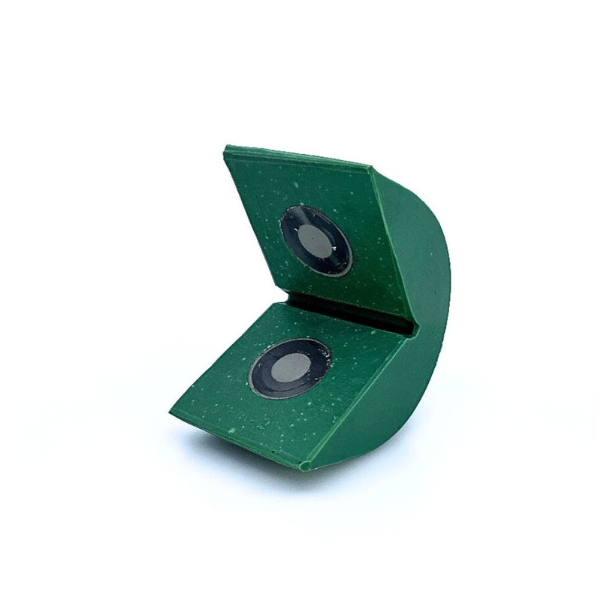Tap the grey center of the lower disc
point(289,368)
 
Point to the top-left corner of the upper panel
point(226,148)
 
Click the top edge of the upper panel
point(300,157)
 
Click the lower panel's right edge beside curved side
point(361,398)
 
